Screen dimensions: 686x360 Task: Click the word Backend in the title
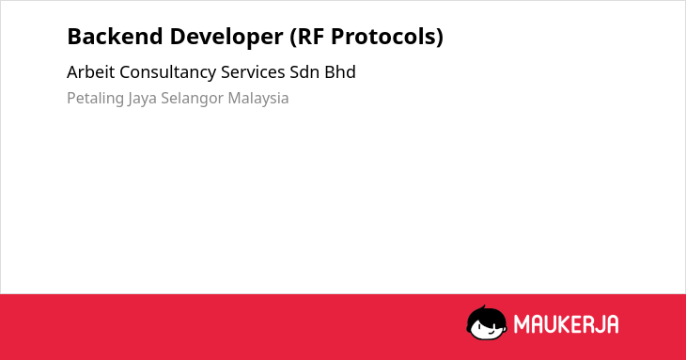coord(115,36)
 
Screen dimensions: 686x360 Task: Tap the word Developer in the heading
coord(226,38)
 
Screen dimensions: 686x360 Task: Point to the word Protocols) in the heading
coord(387,38)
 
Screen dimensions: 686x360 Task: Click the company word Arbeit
coord(90,72)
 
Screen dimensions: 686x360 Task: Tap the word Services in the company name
coord(253,72)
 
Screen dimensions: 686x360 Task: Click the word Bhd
coord(340,72)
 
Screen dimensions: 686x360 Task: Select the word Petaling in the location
coord(95,99)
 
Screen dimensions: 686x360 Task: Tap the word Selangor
coord(192,99)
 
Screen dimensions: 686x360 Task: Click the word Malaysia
coord(258,99)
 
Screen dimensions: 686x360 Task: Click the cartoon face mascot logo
coord(487,322)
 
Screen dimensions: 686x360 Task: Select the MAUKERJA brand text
coord(566,324)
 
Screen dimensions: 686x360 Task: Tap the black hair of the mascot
coord(485,314)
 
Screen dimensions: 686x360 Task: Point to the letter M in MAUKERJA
coord(522,324)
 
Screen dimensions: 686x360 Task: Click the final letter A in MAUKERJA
coord(613,324)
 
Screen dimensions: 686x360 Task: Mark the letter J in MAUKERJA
coord(600,324)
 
